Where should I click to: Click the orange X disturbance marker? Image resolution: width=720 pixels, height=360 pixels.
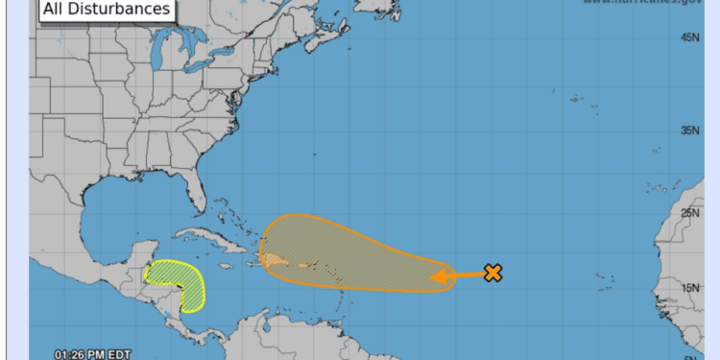(x=493, y=273)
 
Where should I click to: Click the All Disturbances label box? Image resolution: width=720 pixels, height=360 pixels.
(x=104, y=10)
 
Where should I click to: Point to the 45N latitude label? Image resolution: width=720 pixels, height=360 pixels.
(x=689, y=37)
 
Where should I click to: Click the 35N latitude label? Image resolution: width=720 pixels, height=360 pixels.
(x=689, y=130)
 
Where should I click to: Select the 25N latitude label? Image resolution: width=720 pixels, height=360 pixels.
(x=689, y=213)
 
